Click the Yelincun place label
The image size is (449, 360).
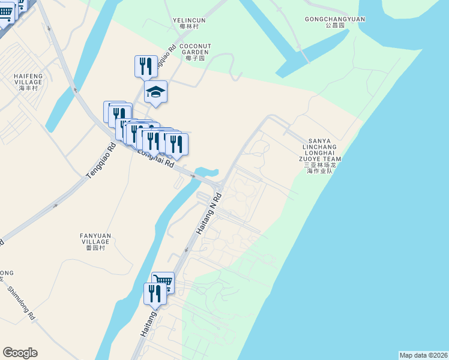[189, 20]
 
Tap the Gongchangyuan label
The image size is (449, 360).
[335, 19]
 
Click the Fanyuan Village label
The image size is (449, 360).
[95, 238]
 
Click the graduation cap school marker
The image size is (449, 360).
[155, 92]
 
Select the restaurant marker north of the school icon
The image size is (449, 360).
[146, 65]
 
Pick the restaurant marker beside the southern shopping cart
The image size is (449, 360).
[155, 293]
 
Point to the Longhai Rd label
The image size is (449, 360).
[155, 157]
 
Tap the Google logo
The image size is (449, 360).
[20, 353]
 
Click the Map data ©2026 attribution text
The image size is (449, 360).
[423, 355]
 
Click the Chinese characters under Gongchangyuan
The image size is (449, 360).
[335, 26]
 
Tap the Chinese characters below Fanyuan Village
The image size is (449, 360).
[95, 247]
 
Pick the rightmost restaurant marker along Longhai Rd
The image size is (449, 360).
[176, 144]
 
